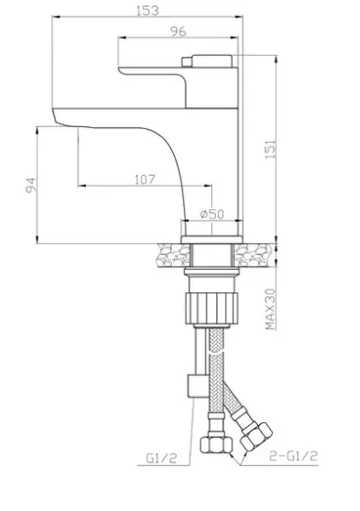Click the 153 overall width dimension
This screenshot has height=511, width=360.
coord(148,11)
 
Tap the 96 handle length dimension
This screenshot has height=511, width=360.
coord(179,31)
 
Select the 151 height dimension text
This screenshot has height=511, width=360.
coord(270,149)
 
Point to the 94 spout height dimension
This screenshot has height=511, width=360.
coord(31,185)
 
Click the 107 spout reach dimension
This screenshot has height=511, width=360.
coord(145,179)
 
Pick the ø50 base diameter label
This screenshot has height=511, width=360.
coord(212,214)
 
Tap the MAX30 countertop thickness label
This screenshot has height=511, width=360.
coord(270,309)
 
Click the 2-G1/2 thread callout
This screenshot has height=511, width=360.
coord(294,456)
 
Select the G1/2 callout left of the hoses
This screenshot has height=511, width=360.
coord(161,459)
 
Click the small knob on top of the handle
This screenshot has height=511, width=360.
coord(187,62)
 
